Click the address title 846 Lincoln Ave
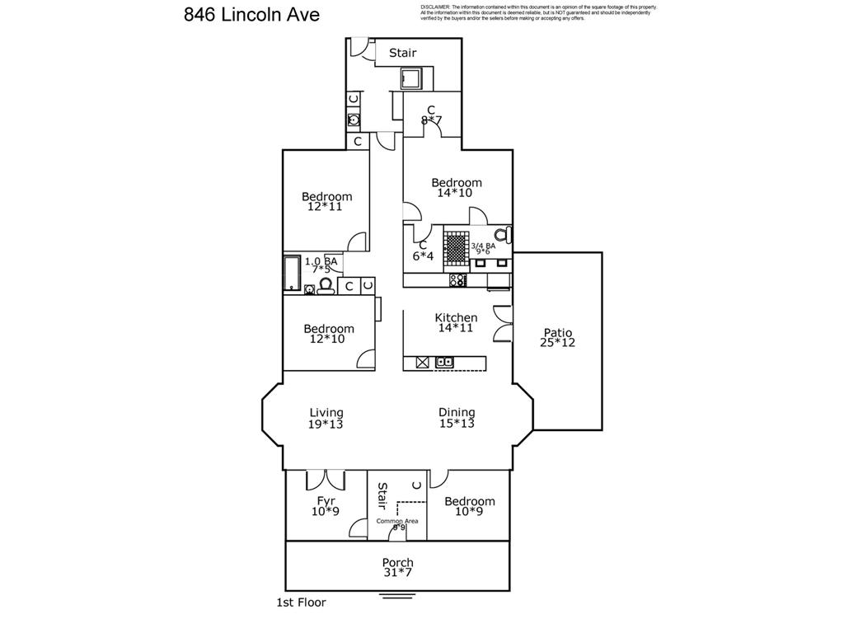click(x=251, y=15)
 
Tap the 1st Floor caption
click(x=301, y=603)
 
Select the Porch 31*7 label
click(x=397, y=568)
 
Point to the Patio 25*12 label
click(x=557, y=338)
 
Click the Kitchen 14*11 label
click(x=456, y=322)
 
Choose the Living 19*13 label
click(x=326, y=418)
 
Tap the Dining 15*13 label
click(x=456, y=418)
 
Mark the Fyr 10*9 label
click(x=326, y=506)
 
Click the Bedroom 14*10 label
click(x=457, y=187)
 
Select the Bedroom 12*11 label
click(x=326, y=201)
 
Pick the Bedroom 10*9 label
click(x=470, y=506)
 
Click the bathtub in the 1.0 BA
click(x=292, y=273)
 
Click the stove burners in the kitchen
click(x=457, y=280)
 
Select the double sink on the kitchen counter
click(x=444, y=362)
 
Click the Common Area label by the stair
click(x=397, y=522)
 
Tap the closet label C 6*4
click(x=423, y=250)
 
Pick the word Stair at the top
click(x=403, y=53)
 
